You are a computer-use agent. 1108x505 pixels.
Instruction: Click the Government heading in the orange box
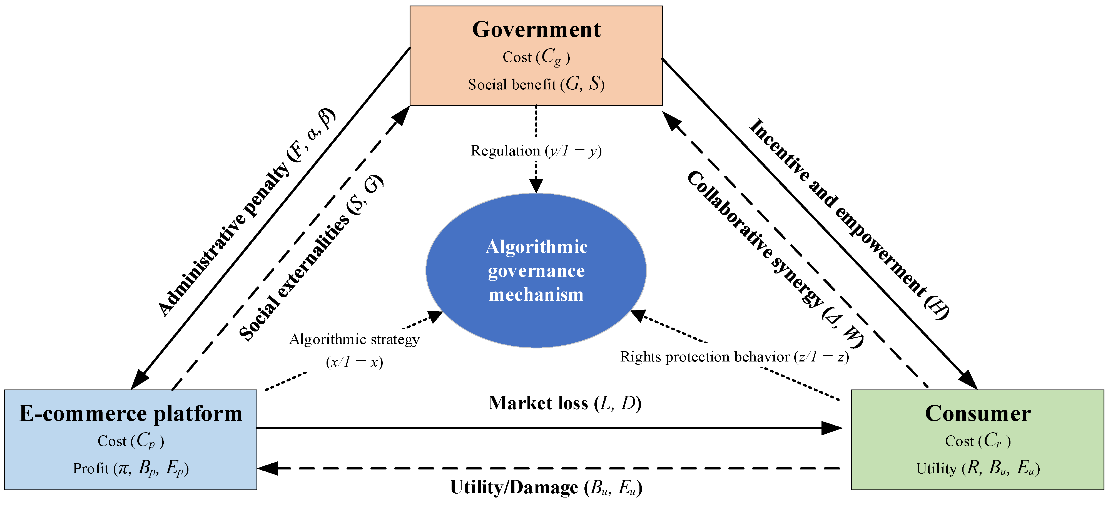(x=536, y=30)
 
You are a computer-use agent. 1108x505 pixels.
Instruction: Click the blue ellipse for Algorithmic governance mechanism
(x=536, y=270)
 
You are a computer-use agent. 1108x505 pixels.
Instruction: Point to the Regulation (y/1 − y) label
(x=536, y=150)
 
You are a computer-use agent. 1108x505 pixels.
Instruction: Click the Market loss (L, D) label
(x=565, y=403)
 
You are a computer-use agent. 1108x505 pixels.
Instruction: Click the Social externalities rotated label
(x=310, y=258)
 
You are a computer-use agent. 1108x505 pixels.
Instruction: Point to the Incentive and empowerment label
(x=850, y=219)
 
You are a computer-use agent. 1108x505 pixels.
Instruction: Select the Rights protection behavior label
(x=734, y=357)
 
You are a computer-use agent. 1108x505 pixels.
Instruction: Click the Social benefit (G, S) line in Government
(x=536, y=84)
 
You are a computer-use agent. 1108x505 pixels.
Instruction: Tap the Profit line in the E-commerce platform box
(x=131, y=468)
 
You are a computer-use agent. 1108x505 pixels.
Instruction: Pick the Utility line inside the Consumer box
(x=978, y=468)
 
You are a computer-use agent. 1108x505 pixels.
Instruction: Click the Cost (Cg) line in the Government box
(x=536, y=57)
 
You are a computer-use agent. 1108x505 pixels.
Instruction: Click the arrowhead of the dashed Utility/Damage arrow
(x=268, y=468)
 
